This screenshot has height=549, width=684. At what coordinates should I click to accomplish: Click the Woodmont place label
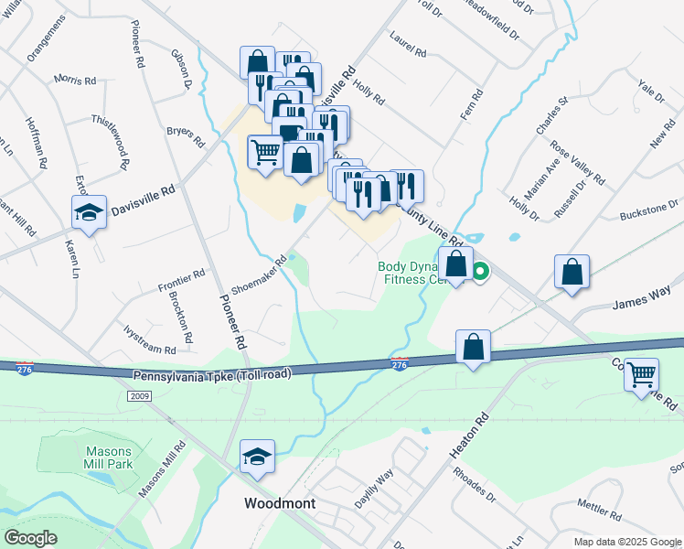coord(280,503)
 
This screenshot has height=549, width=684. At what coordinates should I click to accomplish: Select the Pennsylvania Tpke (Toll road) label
coord(212,375)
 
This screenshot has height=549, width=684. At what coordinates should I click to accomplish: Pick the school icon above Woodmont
coord(257,457)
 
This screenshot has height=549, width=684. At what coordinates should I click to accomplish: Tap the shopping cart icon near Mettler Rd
coord(642,373)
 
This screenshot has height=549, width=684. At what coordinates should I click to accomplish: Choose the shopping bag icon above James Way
coord(572,272)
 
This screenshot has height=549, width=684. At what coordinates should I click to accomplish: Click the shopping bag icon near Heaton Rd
coord(473,348)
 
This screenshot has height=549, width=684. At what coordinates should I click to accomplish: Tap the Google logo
coord(30,538)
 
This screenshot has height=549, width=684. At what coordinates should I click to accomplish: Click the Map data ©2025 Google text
coord(628,542)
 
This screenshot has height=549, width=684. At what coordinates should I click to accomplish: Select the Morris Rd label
coord(75,81)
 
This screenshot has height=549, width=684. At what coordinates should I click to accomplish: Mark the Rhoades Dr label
coord(475,486)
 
